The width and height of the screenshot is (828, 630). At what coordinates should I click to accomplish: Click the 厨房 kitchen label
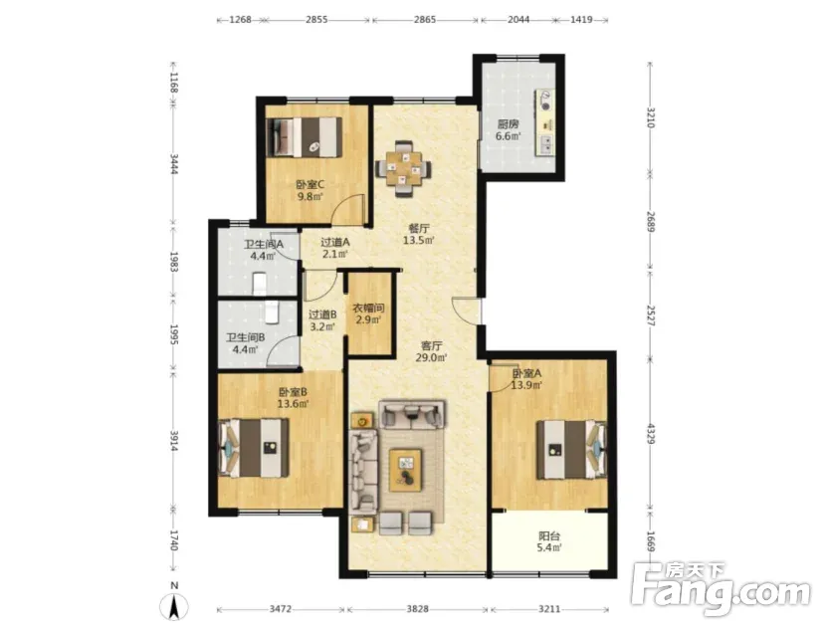point(508,124)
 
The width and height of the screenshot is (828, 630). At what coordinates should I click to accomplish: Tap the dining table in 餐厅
point(403,169)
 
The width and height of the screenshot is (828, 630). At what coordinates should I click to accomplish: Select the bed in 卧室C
point(305,136)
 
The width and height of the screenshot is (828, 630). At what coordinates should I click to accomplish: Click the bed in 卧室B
point(255,447)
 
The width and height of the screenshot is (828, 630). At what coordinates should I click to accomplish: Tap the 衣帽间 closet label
point(368,308)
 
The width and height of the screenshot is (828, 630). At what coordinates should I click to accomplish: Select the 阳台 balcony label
point(549,536)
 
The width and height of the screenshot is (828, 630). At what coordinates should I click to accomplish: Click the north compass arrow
point(175,606)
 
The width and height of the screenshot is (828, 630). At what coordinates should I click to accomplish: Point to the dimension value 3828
point(417,609)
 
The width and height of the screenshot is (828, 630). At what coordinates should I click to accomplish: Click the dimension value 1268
point(240,20)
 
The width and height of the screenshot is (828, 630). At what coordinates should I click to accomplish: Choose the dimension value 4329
point(651,434)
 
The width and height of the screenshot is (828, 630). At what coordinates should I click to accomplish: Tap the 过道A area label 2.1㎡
point(335,254)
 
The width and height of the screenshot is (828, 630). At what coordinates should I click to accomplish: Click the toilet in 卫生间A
point(260,284)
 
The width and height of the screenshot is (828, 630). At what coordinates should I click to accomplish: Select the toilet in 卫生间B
point(272,312)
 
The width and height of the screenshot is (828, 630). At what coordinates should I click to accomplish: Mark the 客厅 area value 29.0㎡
point(432,358)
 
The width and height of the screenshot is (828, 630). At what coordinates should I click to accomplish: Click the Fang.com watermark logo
point(722,589)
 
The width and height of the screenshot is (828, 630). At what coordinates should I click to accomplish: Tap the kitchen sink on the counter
point(545,143)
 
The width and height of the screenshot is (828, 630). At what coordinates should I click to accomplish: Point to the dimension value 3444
point(174,164)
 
